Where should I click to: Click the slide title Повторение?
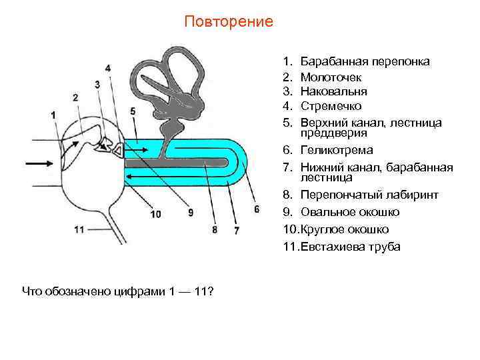229,21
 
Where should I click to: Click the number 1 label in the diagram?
53,115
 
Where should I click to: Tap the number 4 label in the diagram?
108,68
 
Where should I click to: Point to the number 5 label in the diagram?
133,111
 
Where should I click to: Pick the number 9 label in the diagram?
191,213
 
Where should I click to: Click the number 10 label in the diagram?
155,214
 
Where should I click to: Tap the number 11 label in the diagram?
79,229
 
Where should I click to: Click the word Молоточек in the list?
331,77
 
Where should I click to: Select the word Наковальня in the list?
333,91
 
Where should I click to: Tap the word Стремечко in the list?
331,106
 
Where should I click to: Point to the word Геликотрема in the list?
337,150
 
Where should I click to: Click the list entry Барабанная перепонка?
365,62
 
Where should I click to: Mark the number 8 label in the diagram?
214,230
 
